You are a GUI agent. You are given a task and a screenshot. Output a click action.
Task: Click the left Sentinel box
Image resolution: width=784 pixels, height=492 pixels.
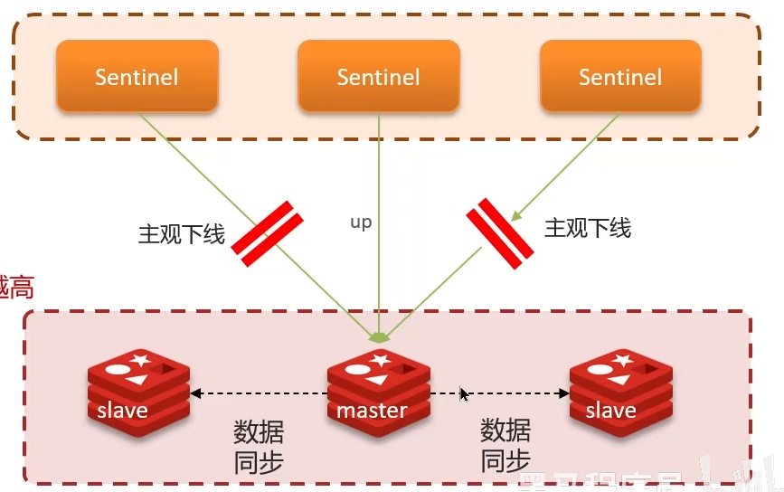click(138, 77)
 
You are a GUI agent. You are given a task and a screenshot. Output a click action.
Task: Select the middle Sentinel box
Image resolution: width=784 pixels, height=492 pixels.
click(378, 77)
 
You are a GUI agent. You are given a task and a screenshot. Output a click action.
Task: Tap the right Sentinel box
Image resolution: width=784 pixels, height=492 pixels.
click(620, 77)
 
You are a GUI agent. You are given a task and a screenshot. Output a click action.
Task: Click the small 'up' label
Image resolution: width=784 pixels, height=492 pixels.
click(361, 222)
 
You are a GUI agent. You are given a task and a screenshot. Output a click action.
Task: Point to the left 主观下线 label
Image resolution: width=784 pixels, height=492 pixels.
click(181, 234)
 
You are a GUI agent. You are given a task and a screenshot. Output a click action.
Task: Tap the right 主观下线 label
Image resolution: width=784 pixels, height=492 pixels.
click(587, 227)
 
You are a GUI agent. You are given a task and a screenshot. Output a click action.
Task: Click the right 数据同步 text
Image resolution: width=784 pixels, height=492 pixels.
click(505, 447)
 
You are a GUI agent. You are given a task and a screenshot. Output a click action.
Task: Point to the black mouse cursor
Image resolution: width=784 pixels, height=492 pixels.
click(464, 394)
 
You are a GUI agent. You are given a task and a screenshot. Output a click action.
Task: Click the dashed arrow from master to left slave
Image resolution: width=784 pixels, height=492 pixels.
click(262, 393)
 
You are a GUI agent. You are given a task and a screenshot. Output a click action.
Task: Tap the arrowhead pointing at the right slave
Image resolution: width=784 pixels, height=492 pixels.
click(564, 393)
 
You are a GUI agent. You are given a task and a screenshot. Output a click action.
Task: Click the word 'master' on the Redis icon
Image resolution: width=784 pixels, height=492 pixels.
click(372, 411)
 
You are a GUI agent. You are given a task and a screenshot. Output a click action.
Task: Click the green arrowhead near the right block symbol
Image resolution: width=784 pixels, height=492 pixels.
click(516, 215)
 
